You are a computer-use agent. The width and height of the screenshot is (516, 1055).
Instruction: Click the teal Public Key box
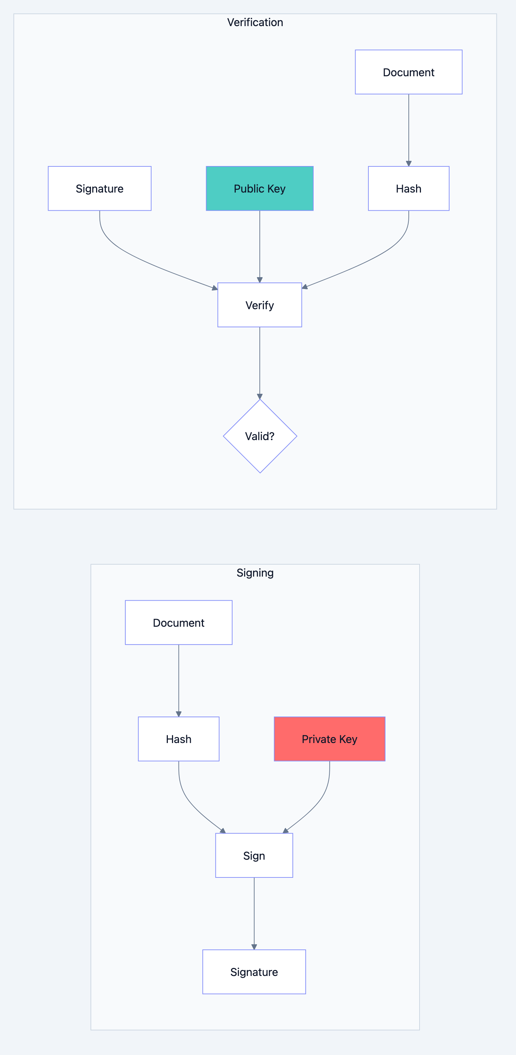click(260, 188)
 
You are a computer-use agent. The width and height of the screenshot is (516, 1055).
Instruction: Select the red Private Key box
click(329, 739)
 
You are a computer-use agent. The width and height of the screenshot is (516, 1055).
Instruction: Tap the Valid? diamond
click(260, 436)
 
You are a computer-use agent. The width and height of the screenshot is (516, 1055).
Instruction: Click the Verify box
click(260, 305)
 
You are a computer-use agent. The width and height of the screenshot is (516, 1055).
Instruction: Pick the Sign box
click(254, 855)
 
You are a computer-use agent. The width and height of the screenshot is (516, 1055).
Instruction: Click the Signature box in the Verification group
click(100, 188)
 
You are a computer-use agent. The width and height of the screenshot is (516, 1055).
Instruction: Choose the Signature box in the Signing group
click(254, 972)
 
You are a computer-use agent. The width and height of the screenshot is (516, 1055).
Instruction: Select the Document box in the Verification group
click(408, 72)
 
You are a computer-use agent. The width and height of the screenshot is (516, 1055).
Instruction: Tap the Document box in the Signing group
click(179, 623)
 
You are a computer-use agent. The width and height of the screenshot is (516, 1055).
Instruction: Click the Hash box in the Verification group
click(408, 188)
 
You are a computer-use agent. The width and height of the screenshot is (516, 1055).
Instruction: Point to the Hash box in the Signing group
click(179, 739)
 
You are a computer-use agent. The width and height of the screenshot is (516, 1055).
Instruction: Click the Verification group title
click(255, 23)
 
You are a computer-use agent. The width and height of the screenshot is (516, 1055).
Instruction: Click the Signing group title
click(255, 572)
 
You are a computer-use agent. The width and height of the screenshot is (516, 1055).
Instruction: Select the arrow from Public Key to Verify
click(260, 246)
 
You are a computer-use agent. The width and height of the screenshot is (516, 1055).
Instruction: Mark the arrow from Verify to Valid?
click(260, 362)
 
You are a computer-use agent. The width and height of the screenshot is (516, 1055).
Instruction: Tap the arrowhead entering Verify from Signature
click(214, 288)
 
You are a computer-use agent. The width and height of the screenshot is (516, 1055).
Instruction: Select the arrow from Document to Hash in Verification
click(408, 129)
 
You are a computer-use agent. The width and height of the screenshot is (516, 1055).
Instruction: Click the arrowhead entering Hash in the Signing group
click(179, 714)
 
